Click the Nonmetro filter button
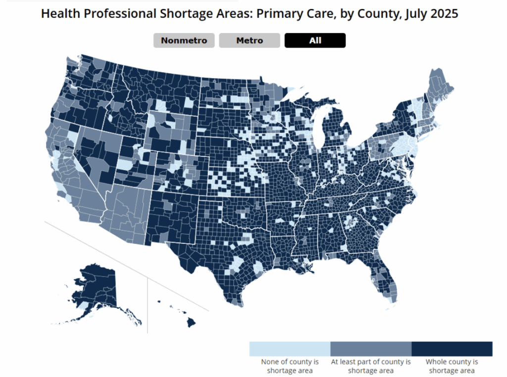tap(184, 41)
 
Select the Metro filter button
tap(250, 41)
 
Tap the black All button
tap(315, 41)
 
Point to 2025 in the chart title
tap(445, 14)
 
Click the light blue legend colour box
tap(290, 348)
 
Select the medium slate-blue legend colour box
tap(371, 348)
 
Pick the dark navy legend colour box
tap(452, 348)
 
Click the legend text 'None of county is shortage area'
tap(290, 366)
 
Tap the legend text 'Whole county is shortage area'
tap(452, 366)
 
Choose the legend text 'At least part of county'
tap(371, 362)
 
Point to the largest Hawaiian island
tap(191, 322)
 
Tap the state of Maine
tap(440, 87)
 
